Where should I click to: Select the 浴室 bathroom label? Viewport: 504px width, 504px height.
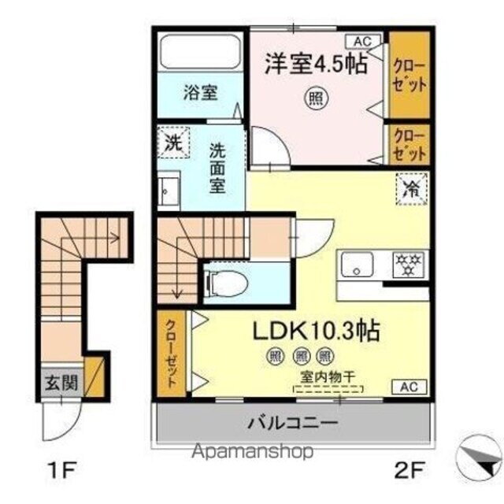tap(202, 92)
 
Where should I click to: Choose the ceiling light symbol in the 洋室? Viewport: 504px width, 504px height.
tap(315, 98)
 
